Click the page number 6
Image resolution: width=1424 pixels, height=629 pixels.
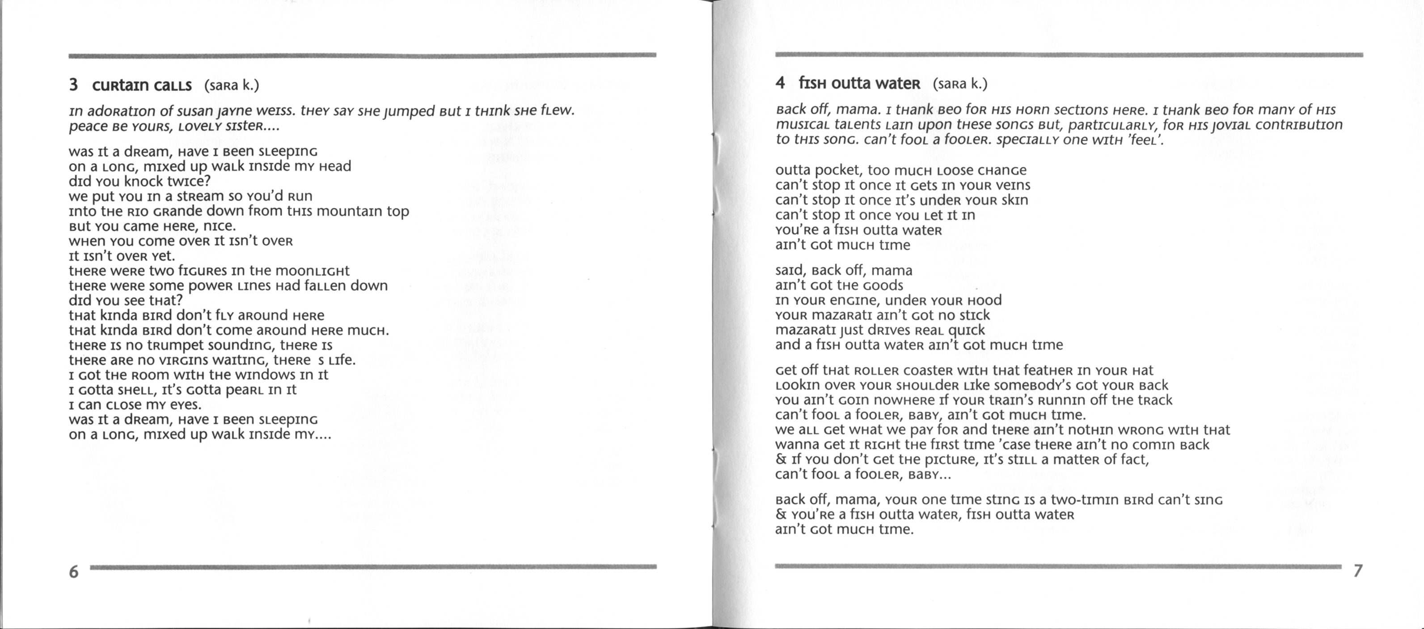point(73,571)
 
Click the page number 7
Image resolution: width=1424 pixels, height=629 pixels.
point(1358,570)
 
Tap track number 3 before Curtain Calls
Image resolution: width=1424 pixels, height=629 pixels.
point(73,85)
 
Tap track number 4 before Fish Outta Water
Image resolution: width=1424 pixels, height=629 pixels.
point(780,83)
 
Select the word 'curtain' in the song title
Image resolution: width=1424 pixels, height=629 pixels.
point(120,86)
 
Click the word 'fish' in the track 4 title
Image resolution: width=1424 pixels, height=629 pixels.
point(813,84)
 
